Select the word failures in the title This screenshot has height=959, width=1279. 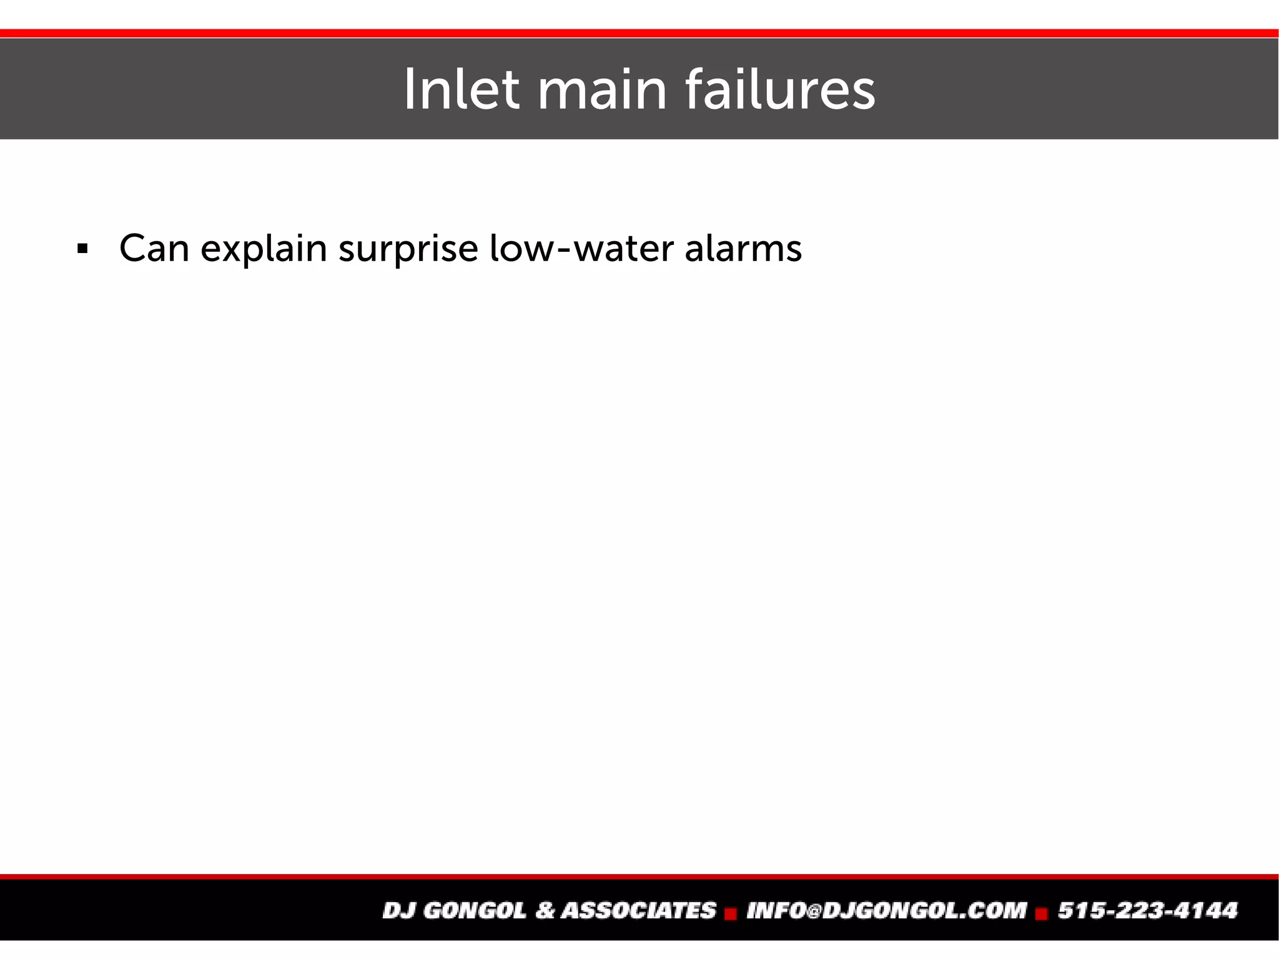coord(780,89)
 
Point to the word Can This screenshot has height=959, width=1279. coord(154,249)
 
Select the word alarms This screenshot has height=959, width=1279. coord(743,249)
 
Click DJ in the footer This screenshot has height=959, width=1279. coord(399,910)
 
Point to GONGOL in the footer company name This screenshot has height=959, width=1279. coord(474,910)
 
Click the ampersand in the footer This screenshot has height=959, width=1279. coord(545,910)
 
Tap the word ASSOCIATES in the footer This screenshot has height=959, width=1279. coord(638,910)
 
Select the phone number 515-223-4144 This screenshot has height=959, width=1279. coord(1147,910)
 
